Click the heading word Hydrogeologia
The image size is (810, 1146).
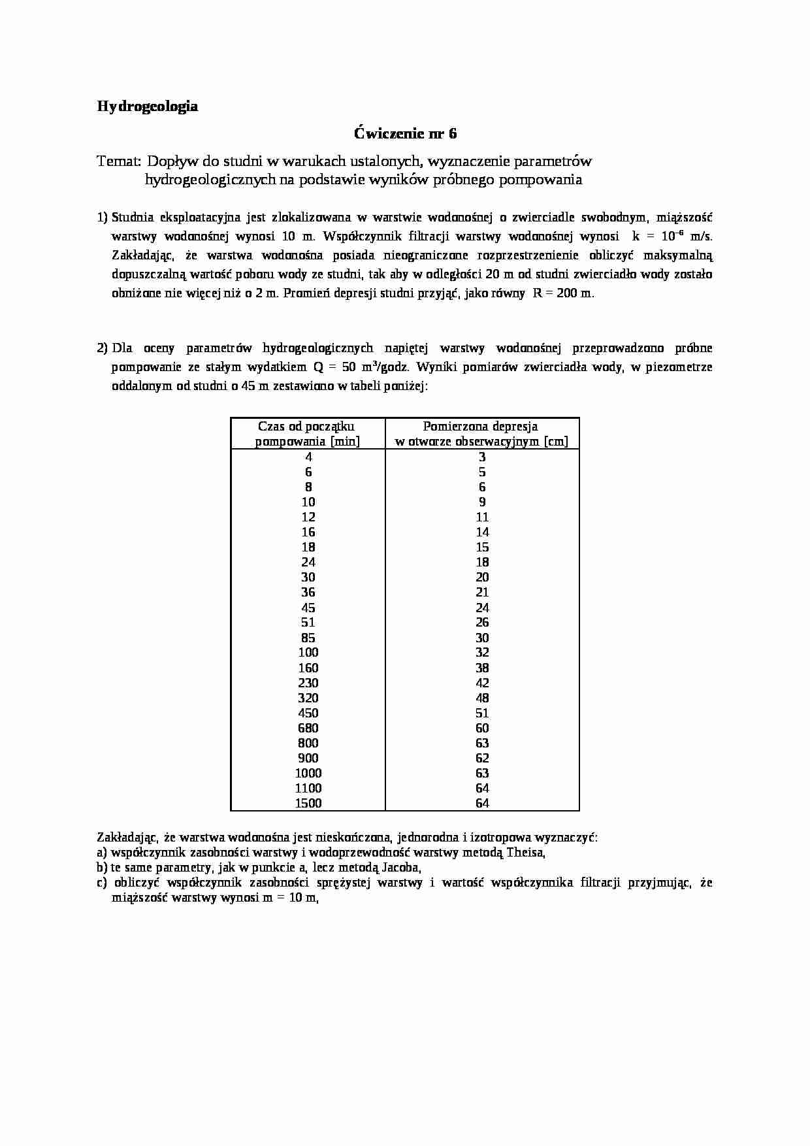(x=147, y=106)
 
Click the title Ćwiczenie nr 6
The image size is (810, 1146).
(x=405, y=134)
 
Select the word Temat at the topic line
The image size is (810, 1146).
(x=118, y=161)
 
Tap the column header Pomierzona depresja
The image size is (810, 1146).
(x=481, y=427)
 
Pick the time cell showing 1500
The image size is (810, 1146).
(x=308, y=803)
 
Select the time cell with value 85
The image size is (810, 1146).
(x=308, y=638)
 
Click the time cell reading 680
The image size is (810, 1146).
(x=308, y=728)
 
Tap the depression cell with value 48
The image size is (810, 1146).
(x=482, y=698)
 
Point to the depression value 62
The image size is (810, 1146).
(x=482, y=758)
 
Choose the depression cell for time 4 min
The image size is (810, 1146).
(x=482, y=457)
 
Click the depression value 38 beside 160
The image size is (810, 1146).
(x=482, y=668)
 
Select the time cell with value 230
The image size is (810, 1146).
(x=308, y=683)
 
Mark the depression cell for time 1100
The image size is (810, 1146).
(x=482, y=788)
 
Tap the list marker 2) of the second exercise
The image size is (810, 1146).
(x=102, y=348)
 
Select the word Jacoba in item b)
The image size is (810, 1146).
(x=399, y=868)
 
